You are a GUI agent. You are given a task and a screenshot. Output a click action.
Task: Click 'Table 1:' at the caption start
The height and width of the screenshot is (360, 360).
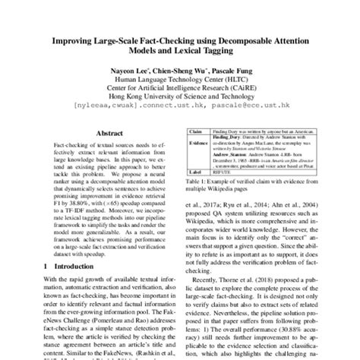[198, 183]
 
